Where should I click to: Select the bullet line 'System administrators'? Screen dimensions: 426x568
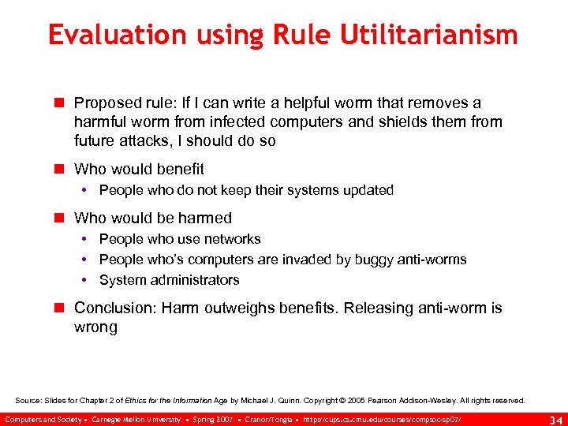coord(169,280)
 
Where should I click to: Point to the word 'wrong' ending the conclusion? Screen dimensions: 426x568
coord(95,327)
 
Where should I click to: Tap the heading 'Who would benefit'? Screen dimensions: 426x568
coord(139,169)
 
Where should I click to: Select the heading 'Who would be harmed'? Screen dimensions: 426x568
coord(153,218)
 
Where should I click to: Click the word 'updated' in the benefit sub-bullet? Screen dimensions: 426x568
coord(368,190)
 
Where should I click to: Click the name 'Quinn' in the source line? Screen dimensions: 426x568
coord(288,401)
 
